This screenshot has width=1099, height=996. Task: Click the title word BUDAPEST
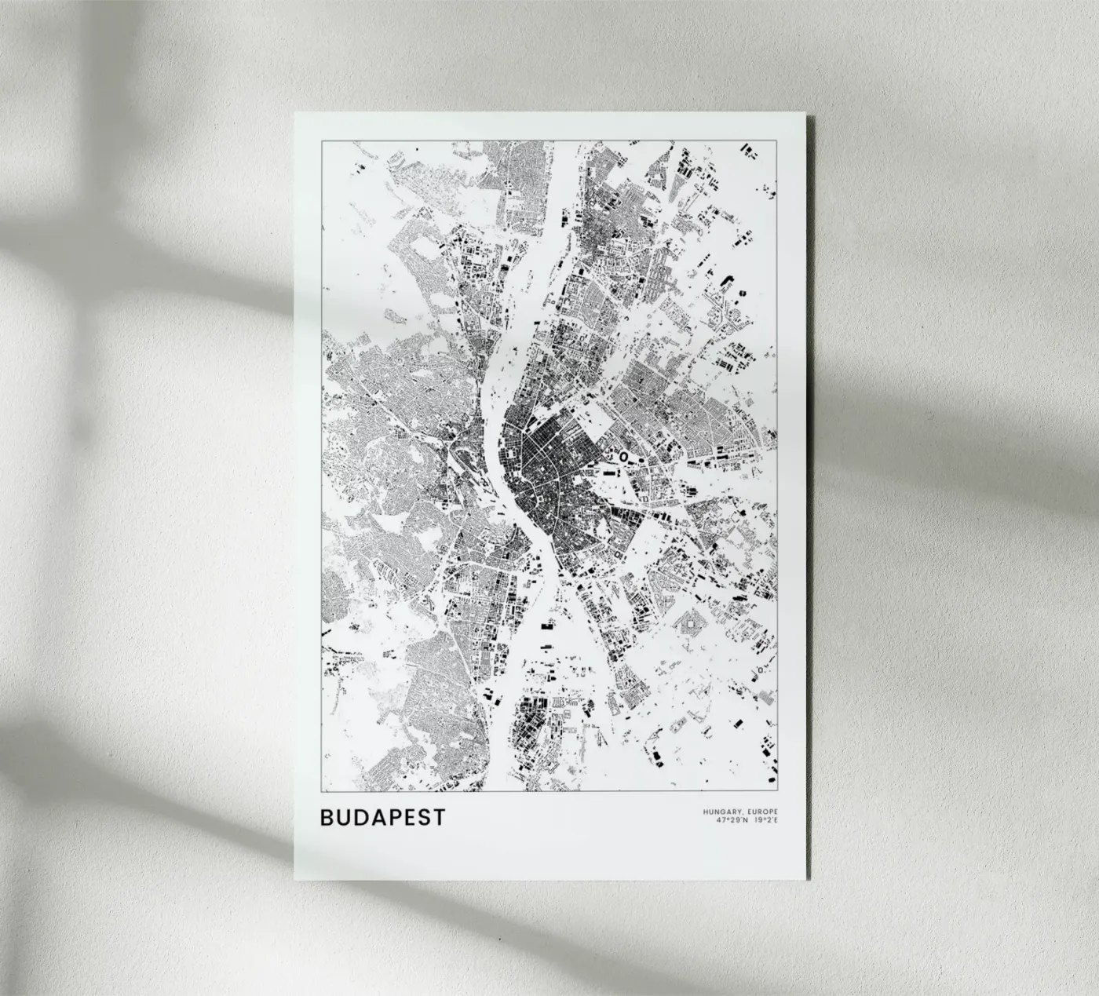[382, 817]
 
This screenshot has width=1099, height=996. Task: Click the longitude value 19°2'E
[765, 821]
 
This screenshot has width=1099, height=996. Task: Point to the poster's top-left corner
[295, 114]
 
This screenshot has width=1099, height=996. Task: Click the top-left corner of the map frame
[322, 140]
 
